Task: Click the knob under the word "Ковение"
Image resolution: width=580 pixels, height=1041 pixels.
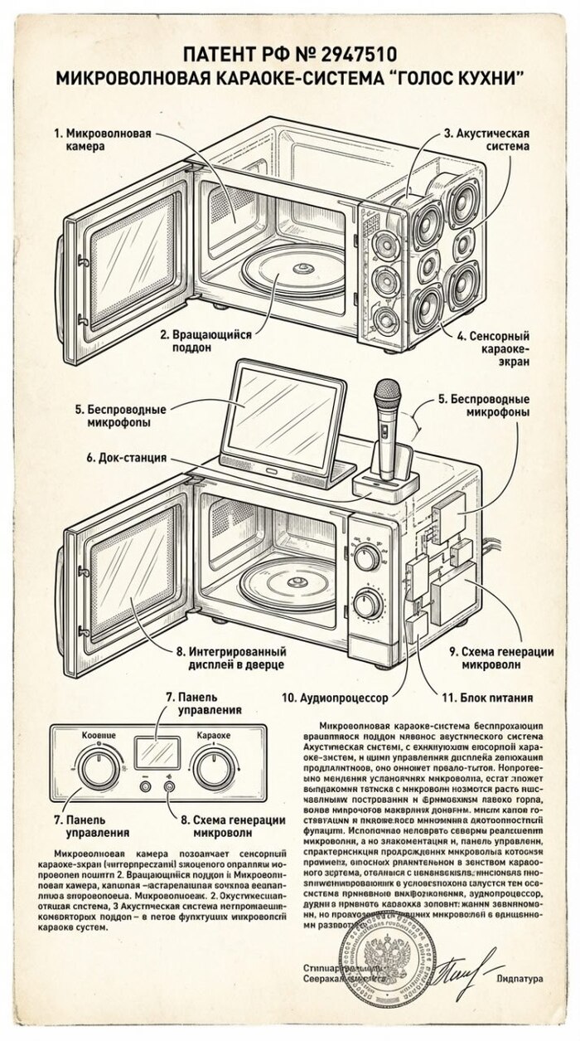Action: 99,765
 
